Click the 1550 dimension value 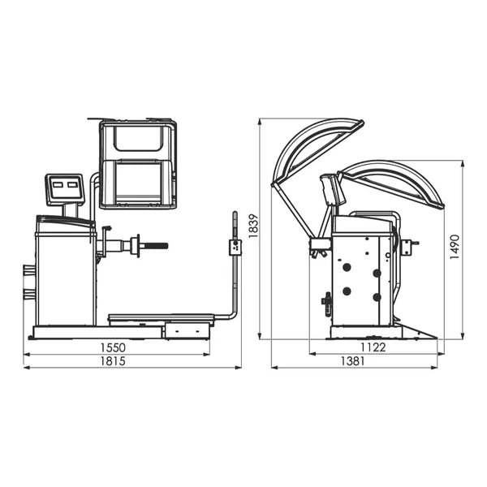[x=113, y=347]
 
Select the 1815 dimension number [x=113, y=361]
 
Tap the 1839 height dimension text [x=253, y=226]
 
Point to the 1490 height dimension [x=455, y=248]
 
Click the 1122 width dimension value [x=373, y=347]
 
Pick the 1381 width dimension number [x=353, y=361]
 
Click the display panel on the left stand [x=65, y=190]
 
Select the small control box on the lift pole [x=235, y=248]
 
